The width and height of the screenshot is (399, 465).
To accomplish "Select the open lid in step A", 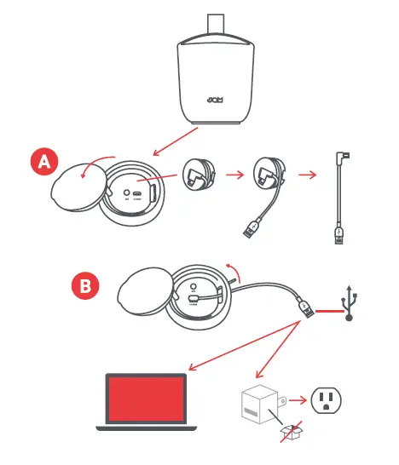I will pyautogui.click(x=79, y=181).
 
